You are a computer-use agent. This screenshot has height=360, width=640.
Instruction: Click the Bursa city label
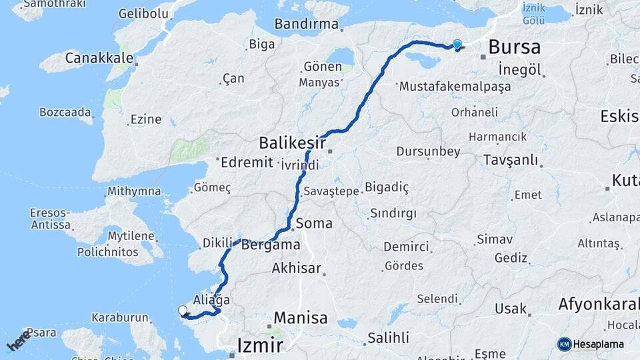[514, 47]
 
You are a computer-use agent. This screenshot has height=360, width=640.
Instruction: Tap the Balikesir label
[292, 143]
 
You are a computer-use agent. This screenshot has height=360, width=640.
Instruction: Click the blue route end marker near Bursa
[457, 45]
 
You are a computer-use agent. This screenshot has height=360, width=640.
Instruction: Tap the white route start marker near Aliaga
[183, 310]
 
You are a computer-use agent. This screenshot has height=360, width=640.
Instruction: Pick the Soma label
[313, 223]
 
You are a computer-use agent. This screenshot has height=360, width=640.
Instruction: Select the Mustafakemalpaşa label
[455, 86]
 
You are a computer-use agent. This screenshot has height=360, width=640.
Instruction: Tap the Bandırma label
[306, 24]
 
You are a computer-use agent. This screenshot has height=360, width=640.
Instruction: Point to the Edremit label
[247, 162]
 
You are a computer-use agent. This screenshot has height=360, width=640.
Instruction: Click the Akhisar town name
[297, 269]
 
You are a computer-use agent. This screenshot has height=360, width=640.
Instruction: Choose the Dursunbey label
[428, 151]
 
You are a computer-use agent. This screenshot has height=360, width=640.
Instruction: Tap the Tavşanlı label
[510, 160]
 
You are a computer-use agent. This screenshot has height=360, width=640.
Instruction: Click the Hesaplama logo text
[599, 344]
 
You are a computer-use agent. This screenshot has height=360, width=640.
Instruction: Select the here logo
[18, 341]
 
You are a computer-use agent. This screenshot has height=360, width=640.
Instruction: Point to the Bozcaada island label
[65, 112]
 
